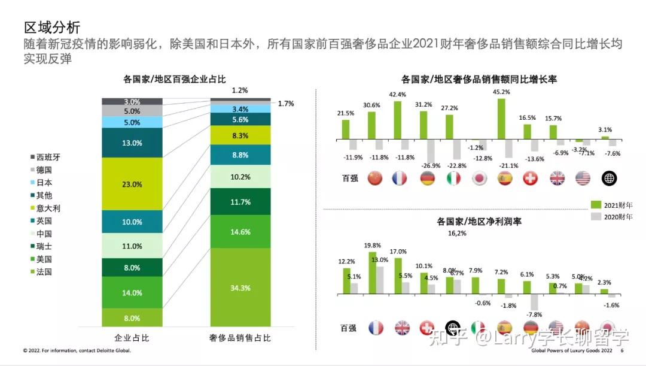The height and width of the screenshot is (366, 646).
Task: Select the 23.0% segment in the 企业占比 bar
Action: [x=132, y=184]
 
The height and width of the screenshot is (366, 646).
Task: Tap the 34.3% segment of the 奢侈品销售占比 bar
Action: [x=240, y=288]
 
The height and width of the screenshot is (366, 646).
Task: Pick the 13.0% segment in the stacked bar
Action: [x=132, y=143]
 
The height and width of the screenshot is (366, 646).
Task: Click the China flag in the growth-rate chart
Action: [x=375, y=178]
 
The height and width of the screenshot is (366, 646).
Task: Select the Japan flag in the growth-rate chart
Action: [x=479, y=178]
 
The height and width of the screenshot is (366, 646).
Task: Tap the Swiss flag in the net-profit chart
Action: [x=427, y=328]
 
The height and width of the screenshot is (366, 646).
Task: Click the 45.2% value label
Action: [x=501, y=92]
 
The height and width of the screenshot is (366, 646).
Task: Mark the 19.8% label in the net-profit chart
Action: [x=372, y=246]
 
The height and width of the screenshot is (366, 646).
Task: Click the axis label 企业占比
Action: [x=132, y=338]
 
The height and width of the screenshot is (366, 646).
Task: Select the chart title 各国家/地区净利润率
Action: [x=479, y=221]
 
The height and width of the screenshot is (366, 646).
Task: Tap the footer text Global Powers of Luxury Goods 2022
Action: [x=571, y=351]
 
